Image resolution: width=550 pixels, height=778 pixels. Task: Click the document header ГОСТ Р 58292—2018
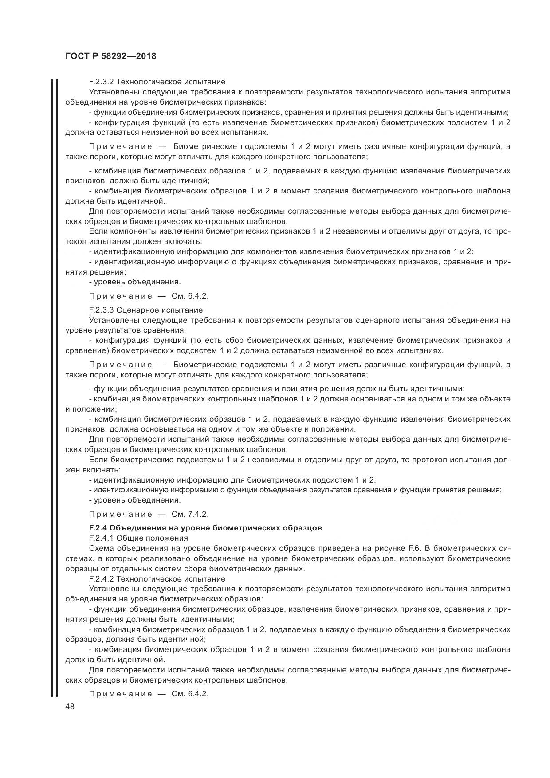[x=111, y=56]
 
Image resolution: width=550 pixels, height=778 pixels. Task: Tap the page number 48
[x=70, y=707]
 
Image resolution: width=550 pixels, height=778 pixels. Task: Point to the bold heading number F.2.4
[x=98, y=528]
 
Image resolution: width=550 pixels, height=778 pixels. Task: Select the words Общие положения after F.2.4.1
[x=152, y=538]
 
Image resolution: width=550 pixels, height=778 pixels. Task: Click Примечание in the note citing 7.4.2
[x=120, y=514]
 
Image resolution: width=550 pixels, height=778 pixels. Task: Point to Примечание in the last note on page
[x=120, y=694]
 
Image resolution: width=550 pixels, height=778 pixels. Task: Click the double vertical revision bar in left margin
[x=54, y=386]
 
